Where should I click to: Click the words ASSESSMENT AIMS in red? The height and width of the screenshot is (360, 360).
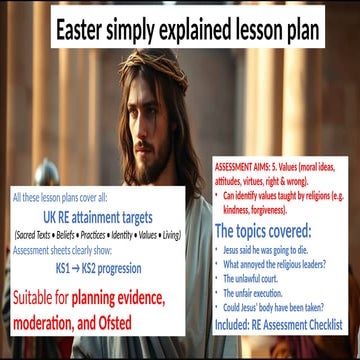249,162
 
